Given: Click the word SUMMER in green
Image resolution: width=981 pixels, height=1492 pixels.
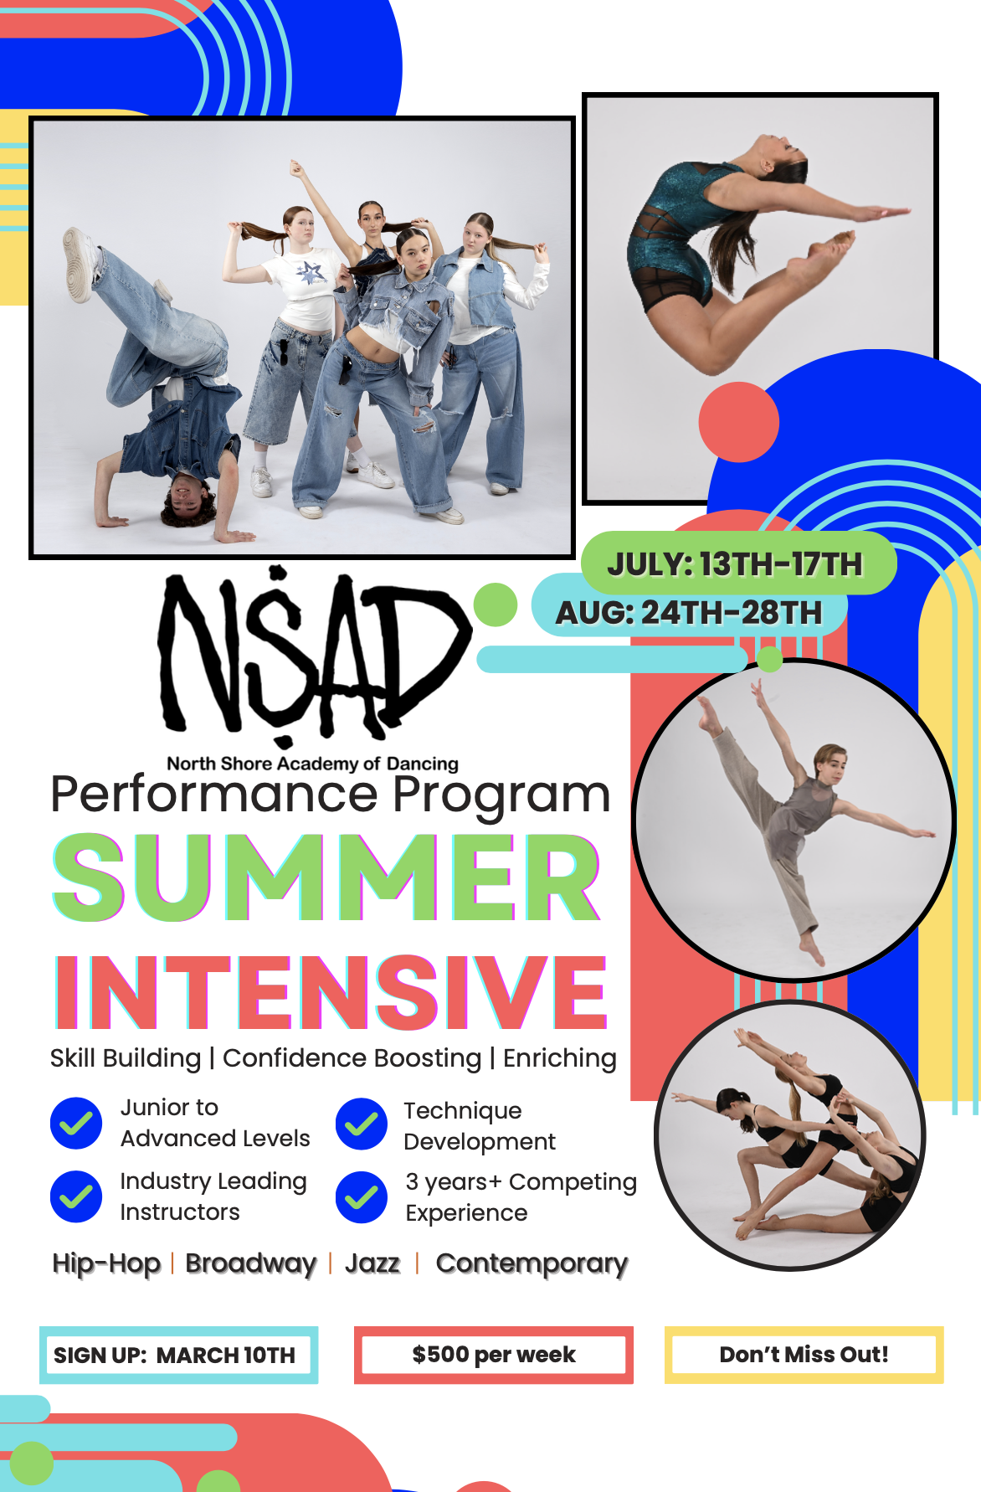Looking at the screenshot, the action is click(327, 877).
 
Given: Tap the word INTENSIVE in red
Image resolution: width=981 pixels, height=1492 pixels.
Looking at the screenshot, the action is click(331, 992).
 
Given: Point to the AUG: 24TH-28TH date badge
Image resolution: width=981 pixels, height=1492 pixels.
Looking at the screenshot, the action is click(689, 613).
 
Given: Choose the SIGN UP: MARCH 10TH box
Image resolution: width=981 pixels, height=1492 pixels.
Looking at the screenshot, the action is click(178, 1355).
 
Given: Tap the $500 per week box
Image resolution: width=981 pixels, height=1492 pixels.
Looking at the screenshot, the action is click(494, 1355).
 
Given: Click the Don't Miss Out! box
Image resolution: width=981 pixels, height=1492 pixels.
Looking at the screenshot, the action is click(804, 1355).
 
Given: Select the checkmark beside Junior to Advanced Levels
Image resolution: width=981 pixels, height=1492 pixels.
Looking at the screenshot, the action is click(76, 1123).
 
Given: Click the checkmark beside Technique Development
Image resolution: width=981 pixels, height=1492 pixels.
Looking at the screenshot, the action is click(362, 1124).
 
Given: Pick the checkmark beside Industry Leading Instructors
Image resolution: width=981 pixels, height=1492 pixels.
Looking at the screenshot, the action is click(76, 1196).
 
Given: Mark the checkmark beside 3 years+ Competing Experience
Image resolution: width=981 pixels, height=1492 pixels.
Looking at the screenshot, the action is click(362, 1197).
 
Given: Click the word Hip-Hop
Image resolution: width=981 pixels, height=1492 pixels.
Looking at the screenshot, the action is click(106, 1263).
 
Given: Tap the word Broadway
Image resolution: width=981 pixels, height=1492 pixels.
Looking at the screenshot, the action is click(251, 1263).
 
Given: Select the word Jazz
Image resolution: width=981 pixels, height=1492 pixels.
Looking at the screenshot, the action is click(372, 1263).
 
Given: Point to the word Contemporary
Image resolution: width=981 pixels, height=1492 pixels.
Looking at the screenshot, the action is click(532, 1264).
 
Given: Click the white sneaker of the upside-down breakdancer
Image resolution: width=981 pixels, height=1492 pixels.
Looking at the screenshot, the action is click(78, 262).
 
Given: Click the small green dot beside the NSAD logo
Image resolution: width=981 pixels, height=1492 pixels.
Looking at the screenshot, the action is click(496, 605).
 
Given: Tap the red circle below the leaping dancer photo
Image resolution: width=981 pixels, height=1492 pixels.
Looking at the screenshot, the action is click(739, 422).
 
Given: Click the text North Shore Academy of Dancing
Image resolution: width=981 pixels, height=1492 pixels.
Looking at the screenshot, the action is click(313, 764).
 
